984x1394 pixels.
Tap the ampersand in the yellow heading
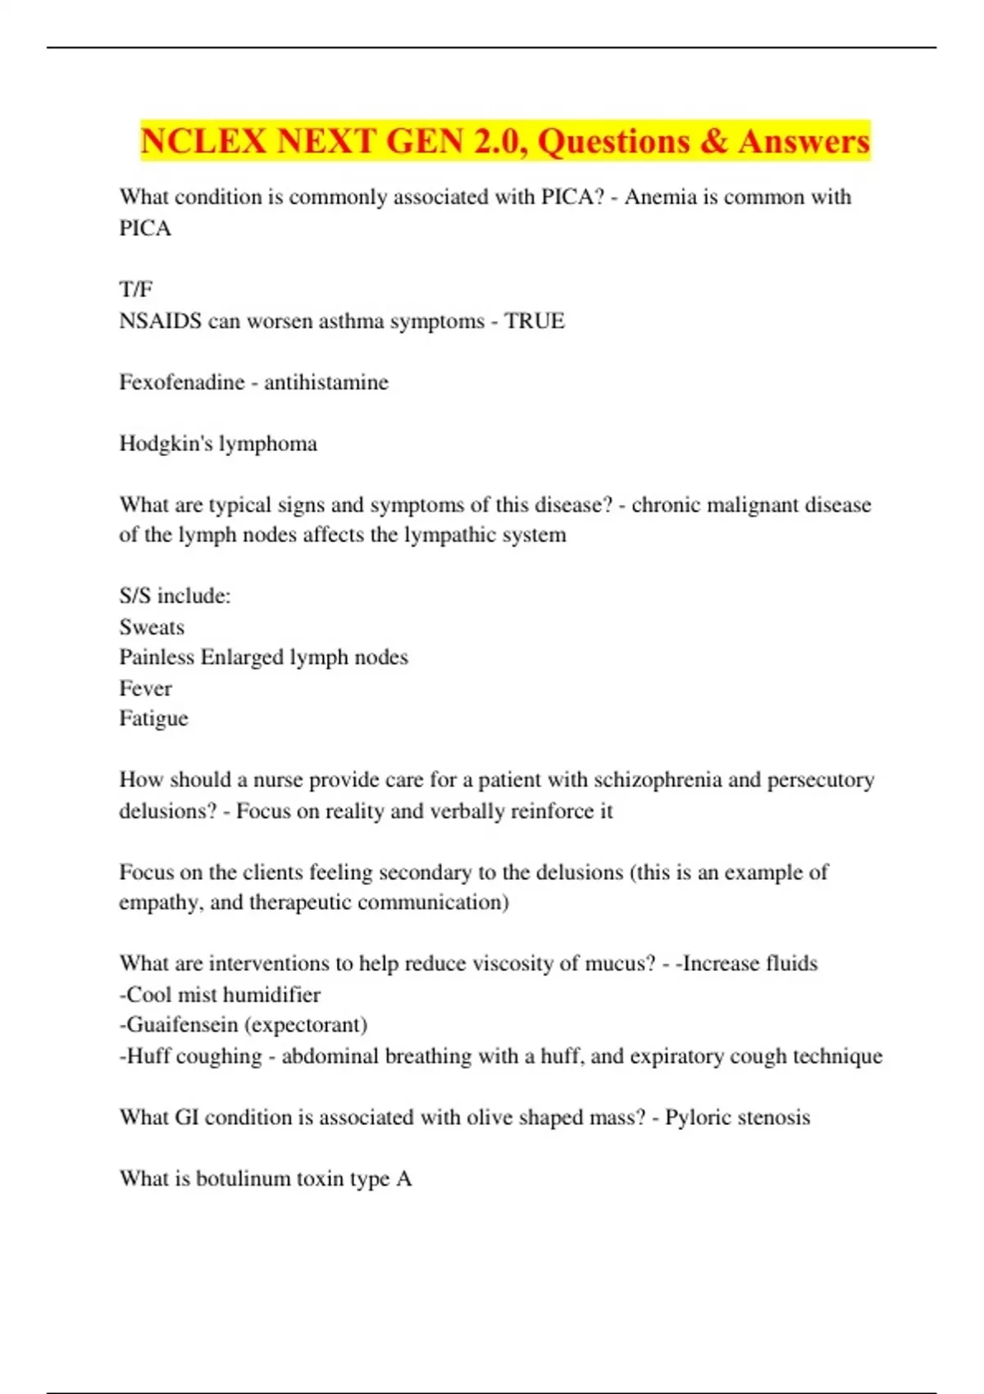tap(715, 141)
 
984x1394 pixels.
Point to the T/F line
tap(136, 289)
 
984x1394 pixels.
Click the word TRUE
tap(535, 321)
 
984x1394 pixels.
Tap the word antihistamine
tap(326, 382)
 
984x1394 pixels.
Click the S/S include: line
tap(175, 596)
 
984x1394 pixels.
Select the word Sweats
tap(152, 627)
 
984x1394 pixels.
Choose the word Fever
tap(145, 689)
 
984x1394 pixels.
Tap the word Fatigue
tap(153, 719)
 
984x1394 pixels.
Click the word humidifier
tap(271, 995)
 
